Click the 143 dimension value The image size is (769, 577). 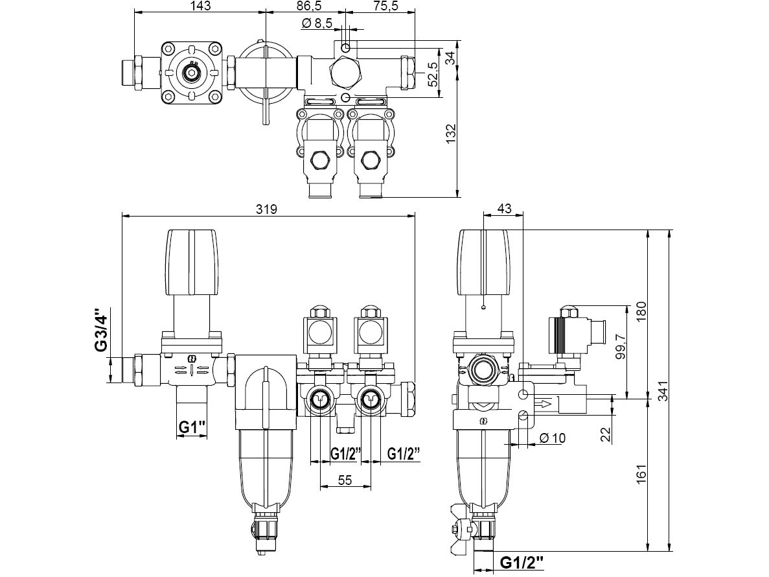coord(200,6)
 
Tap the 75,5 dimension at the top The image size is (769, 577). coord(385,6)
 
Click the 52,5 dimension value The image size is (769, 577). coord(432,74)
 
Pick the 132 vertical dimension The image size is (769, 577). coord(451,134)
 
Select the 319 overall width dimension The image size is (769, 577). coord(267,209)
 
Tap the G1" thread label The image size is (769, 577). coord(192,427)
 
